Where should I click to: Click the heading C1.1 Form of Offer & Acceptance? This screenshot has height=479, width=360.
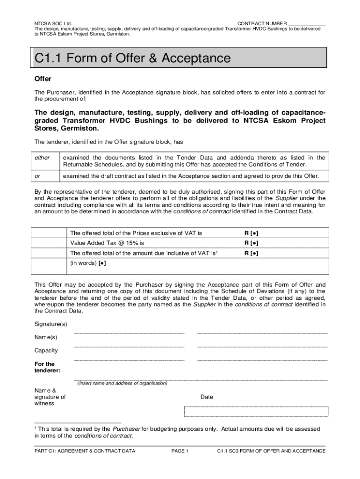[133, 58]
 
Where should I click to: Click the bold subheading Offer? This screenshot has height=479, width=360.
[43, 79]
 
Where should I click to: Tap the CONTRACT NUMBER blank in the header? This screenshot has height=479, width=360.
[307, 24]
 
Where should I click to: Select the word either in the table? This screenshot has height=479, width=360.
[42, 158]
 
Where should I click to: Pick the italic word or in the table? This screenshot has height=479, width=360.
[37, 176]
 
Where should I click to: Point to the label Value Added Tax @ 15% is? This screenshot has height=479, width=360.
[107, 243]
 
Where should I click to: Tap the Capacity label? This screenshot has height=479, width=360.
[46, 350]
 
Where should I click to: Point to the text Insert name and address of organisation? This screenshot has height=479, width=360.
[122, 383]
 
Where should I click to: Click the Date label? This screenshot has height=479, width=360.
[207, 397]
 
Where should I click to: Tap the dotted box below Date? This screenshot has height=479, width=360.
[256, 411]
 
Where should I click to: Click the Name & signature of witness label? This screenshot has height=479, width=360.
[50, 397]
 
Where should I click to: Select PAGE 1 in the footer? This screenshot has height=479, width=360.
[180, 451]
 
